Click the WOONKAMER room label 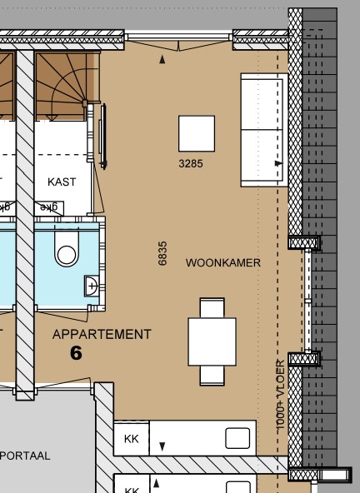click(222, 263)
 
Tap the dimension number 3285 click(190, 164)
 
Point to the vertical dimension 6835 click(162, 253)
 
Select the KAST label click(62, 182)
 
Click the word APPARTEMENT click(102, 335)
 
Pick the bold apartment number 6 click(76, 353)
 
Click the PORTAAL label click(26, 456)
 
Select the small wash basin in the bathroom click(91, 286)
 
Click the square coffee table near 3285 click(197, 133)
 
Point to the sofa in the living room click(263, 129)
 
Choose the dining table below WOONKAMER click(212, 342)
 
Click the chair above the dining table click(212, 308)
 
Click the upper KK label click(131, 439)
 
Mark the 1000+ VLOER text click(281, 395)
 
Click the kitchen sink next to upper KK click(237, 439)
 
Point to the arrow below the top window click(162, 60)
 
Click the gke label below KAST click(50, 207)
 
